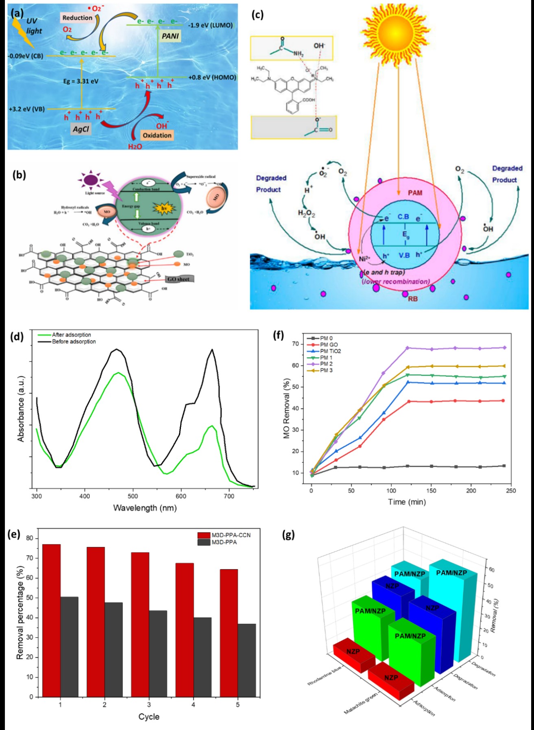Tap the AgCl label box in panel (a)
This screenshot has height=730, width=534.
81,129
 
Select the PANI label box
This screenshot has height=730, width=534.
170,36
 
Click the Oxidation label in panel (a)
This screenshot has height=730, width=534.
157,135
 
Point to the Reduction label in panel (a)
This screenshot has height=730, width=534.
77,18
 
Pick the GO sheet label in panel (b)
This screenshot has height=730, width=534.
179,279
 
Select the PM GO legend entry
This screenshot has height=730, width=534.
328,345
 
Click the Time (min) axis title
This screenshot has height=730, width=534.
407,502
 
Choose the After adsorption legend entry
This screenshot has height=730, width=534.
71,334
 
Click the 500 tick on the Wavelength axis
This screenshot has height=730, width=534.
133,496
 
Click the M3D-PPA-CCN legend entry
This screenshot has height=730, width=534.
230,535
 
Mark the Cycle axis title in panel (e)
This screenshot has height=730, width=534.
149,717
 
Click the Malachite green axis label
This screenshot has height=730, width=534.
360,704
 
